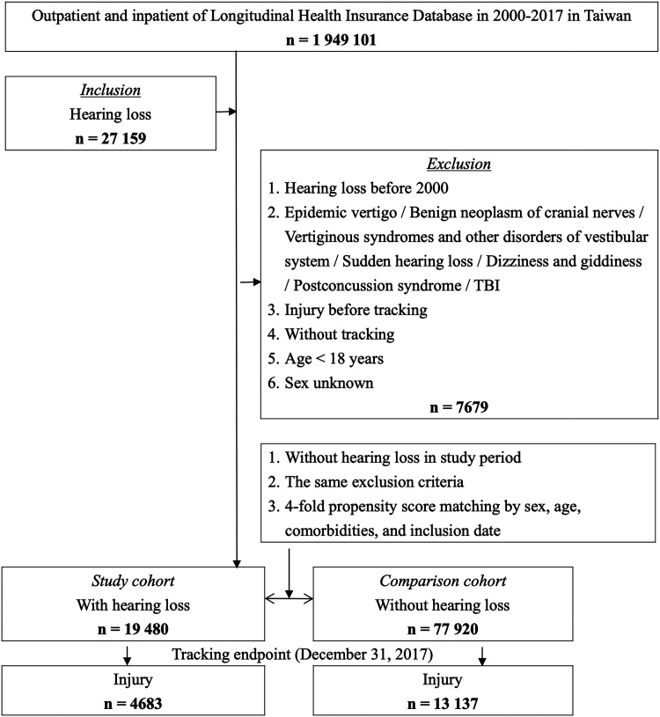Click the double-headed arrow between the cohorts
tap(290, 599)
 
